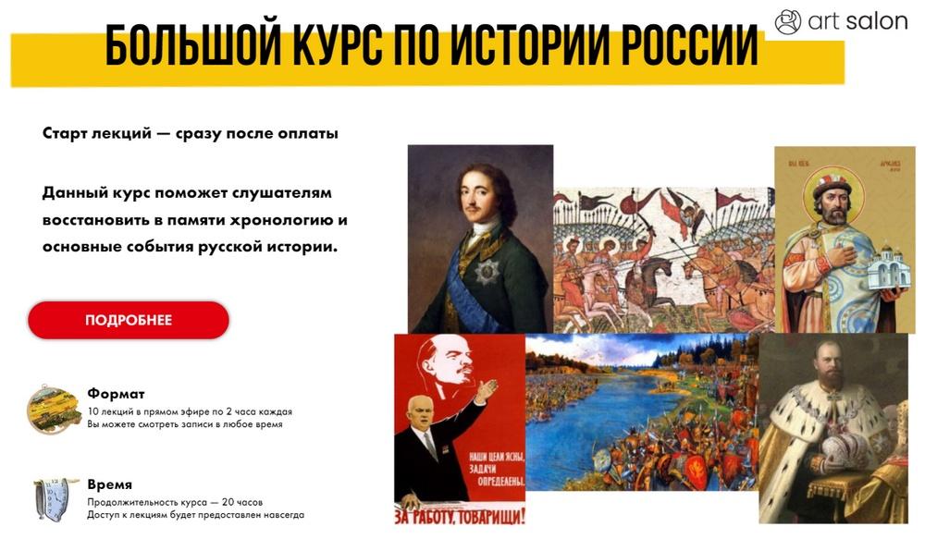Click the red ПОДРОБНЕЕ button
tap(128, 320)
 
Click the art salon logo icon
tap(787, 22)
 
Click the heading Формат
tap(116, 393)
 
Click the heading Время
tap(110, 484)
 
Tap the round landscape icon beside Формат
tap(54, 408)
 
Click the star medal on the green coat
tap(487, 272)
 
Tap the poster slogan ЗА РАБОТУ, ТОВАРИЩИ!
tap(460, 517)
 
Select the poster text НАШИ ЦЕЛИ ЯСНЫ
tap(497, 457)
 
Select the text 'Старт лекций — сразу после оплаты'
tap(190, 133)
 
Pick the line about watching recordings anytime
tap(185, 424)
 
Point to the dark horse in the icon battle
tap(646, 283)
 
